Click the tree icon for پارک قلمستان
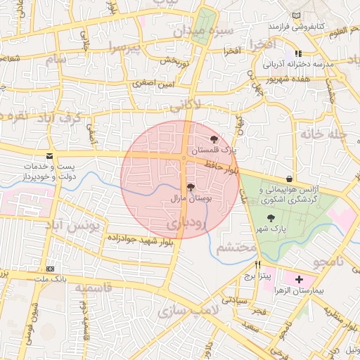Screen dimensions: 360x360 click(214, 139)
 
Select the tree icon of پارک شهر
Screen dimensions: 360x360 click(271, 219)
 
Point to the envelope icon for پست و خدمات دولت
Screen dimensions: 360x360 click(49, 155)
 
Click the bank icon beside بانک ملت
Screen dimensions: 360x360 click(50, 269)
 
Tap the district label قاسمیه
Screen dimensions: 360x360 click(94, 288)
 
